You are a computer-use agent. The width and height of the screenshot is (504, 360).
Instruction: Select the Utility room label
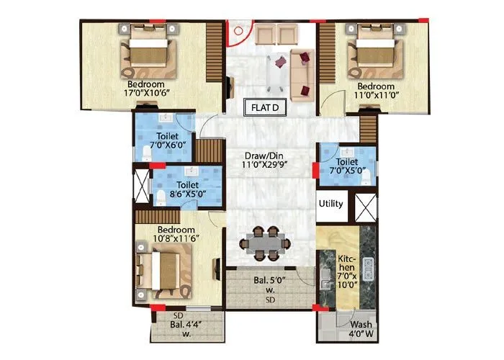coord(331,204)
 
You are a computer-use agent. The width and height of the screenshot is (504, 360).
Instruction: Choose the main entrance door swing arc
coord(240,33)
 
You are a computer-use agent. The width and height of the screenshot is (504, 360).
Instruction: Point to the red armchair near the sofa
coord(307,90)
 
